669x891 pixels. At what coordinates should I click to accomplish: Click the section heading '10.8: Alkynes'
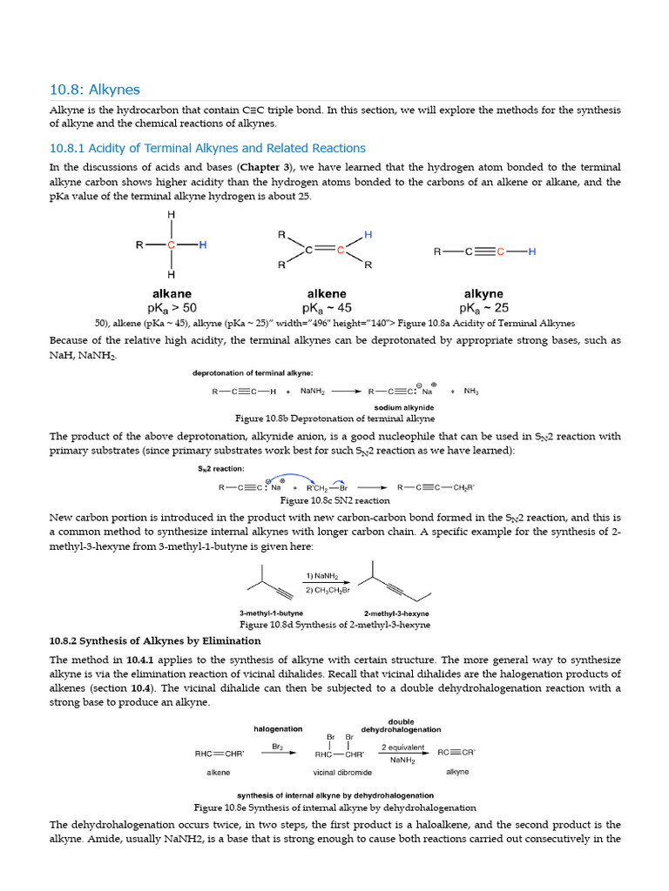pyautogui.click(x=94, y=90)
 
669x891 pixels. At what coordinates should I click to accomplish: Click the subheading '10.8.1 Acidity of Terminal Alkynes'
pyautogui.click(x=207, y=148)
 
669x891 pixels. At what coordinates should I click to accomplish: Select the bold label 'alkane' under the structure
pyautogui.click(x=172, y=294)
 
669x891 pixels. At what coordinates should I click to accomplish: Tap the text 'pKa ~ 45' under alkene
pyautogui.click(x=327, y=308)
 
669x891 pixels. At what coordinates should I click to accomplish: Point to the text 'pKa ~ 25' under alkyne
pyautogui.click(x=484, y=308)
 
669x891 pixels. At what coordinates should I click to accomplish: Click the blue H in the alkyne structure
pyautogui.click(x=532, y=251)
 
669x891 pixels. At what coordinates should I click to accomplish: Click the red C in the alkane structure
pyautogui.click(x=172, y=245)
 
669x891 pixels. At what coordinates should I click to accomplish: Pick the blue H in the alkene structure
pyautogui.click(x=368, y=235)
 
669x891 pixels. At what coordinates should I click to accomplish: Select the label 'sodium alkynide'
pyautogui.click(x=404, y=407)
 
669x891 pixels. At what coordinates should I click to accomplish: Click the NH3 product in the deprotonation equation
pyautogui.click(x=471, y=392)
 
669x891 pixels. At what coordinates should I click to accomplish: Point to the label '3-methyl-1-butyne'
pyautogui.click(x=271, y=613)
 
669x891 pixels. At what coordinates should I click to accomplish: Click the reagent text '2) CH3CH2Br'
pyautogui.click(x=328, y=591)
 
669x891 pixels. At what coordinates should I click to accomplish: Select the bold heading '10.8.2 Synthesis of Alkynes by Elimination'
pyautogui.click(x=155, y=641)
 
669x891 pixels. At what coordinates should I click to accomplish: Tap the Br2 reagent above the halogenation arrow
pyautogui.click(x=278, y=746)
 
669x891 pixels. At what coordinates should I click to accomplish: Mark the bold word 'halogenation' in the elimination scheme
pyautogui.click(x=278, y=728)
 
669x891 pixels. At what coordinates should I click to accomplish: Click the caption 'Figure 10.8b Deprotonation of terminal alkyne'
pyautogui.click(x=334, y=418)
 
